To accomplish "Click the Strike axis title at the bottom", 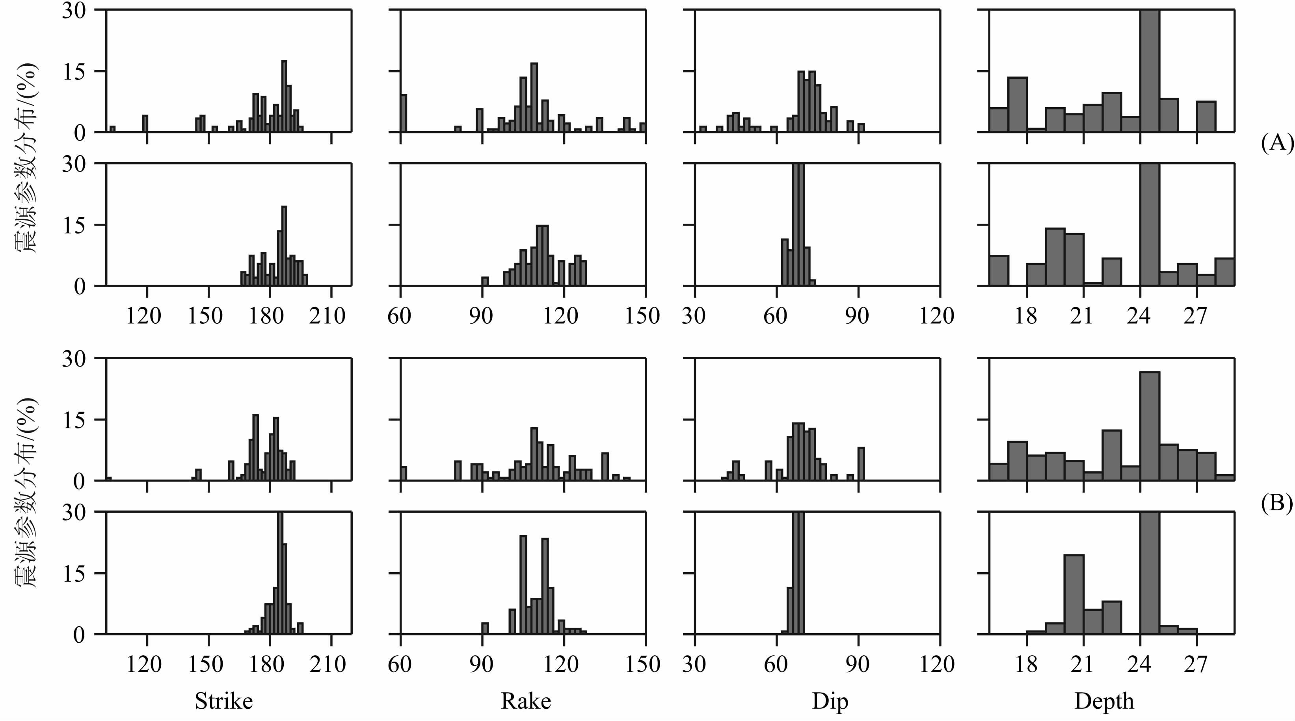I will (224, 701).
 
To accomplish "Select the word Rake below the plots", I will (526, 701).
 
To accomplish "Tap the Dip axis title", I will (830, 701).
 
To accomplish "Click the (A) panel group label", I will (1277, 144).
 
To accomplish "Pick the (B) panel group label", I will (1277, 503).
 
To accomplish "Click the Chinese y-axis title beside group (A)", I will (25, 158).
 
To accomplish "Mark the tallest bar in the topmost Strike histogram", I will (284, 96).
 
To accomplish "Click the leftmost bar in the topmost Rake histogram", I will (404, 113).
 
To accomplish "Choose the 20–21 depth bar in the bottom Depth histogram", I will (1074, 594).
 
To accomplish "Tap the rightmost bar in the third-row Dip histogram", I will (861, 464).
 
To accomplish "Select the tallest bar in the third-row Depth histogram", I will (1150, 426).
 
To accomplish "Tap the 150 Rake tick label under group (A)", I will (642, 315).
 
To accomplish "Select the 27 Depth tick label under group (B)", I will (1195, 664).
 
